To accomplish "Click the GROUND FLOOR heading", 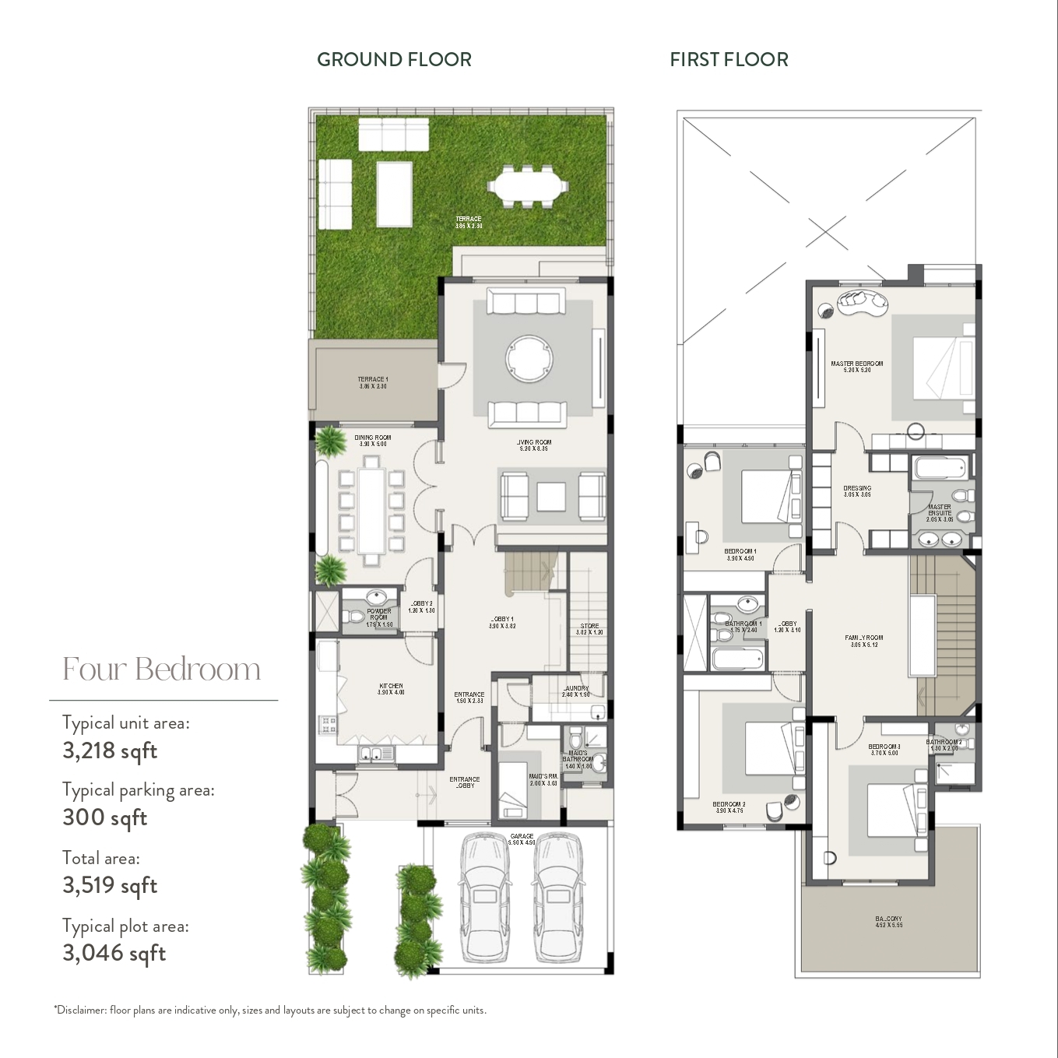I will [x=394, y=60].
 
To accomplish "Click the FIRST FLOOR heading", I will [x=729, y=60].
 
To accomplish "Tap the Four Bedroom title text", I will [x=161, y=670].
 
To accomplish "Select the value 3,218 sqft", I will [x=110, y=751].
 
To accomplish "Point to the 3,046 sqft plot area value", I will [x=114, y=953].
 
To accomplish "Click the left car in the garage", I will [x=484, y=897].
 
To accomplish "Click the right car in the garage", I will [x=558, y=897].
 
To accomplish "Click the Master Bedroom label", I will [x=856, y=364].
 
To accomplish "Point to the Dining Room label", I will [x=372, y=438].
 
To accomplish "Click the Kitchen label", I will [x=391, y=687].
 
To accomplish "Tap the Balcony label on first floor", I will [x=888, y=919].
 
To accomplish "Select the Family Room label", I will [x=863, y=638].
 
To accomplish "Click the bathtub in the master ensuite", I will [x=940, y=469].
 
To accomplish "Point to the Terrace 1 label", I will [x=373, y=380].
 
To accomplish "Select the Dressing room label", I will [x=856, y=489].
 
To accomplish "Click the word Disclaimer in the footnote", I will [x=81, y=1011].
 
